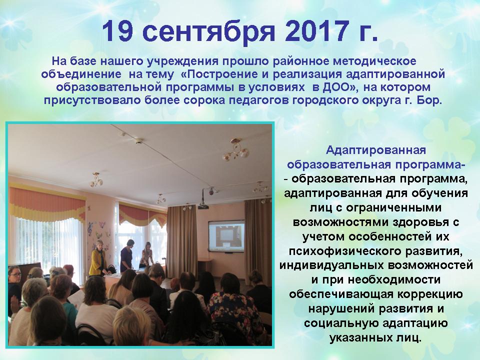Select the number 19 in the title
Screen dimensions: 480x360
point(117,31)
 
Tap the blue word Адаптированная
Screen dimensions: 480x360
point(375,150)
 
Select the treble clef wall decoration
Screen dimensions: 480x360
point(90,228)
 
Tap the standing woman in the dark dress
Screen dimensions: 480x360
point(126,255)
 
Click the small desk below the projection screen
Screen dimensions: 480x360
point(205,265)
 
